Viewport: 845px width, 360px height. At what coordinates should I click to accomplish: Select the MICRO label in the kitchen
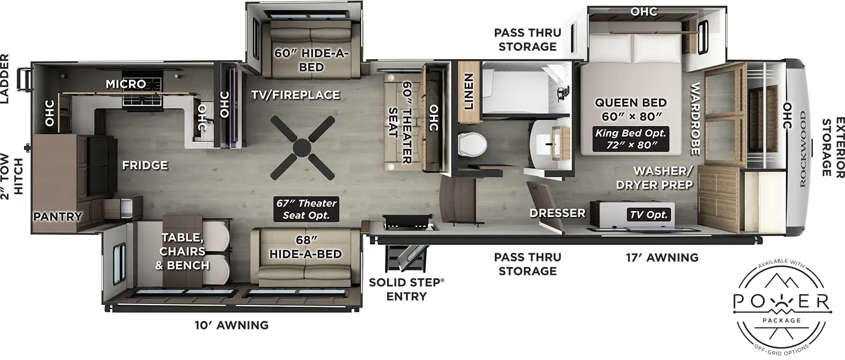coord(126,84)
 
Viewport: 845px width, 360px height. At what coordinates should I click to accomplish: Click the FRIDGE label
coord(145,165)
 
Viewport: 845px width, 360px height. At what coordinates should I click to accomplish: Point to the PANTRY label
coord(58,216)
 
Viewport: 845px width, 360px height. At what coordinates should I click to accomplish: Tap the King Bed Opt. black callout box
coord(631,139)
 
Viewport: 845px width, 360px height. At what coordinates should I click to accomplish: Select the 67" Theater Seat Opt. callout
coord(306,209)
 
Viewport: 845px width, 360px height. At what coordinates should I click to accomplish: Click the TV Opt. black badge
coord(649,214)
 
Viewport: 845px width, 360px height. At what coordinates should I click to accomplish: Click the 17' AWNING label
coord(662,258)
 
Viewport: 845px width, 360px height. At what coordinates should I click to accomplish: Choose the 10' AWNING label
coord(232,325)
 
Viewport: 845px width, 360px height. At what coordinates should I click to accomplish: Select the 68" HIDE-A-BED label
coord(305,248)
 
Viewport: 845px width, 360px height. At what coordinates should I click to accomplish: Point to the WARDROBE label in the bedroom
coord(695,119)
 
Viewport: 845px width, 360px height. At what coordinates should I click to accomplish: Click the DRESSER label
coord(558,213)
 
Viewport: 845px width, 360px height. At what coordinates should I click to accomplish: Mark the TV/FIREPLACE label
coord(295,95)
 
